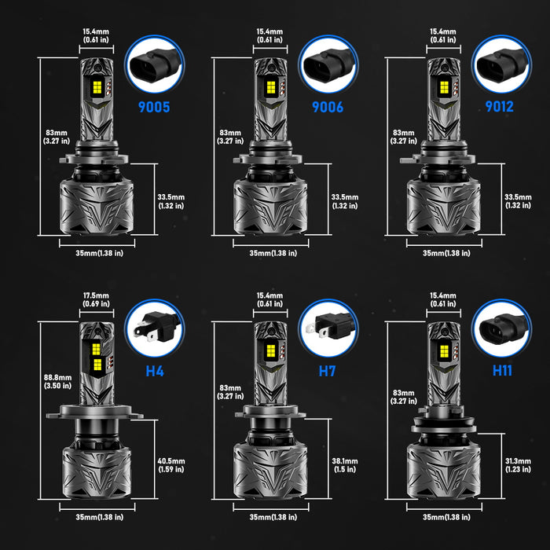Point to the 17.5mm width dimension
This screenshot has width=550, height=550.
[96, 299]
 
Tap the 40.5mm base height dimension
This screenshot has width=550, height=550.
[170, 464]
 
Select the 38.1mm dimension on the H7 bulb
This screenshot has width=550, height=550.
[343, 464]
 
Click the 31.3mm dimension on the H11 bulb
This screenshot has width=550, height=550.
[516, 464]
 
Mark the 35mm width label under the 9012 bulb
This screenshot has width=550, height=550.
[446, 253]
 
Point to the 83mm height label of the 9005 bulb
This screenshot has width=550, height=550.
[58, 137]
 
